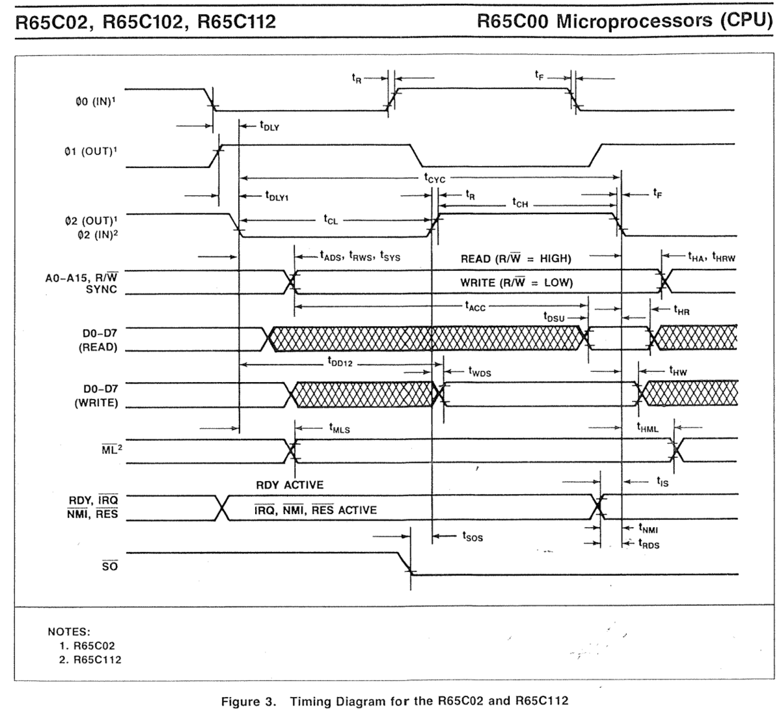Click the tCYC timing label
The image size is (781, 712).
[x=435, y=178]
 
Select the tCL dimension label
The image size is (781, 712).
[x=331, y=220]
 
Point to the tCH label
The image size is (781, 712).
[x=520, y=203]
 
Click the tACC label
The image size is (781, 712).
[x=475, y=307]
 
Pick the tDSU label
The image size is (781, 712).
[x=554, y=317]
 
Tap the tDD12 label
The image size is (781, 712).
[x=340, y=362]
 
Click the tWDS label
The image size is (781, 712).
[x=480, y=372]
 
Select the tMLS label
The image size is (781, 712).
[x=340, y=428]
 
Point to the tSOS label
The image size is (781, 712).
[x=473, y=537]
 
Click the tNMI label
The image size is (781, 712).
[x=648, y=528]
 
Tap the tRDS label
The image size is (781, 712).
[x=649, y=543]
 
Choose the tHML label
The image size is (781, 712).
[x=648, y=428]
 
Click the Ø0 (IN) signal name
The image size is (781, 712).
[x=96, y=102]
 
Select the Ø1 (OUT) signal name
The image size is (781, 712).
[x=90, y=151]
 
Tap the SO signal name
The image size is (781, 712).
[x=110, y=565]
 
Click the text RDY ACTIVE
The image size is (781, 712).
[x=290, y=485]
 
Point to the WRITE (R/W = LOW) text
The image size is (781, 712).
[x=517, y=282]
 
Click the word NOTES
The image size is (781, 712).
[x=69, y=631]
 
